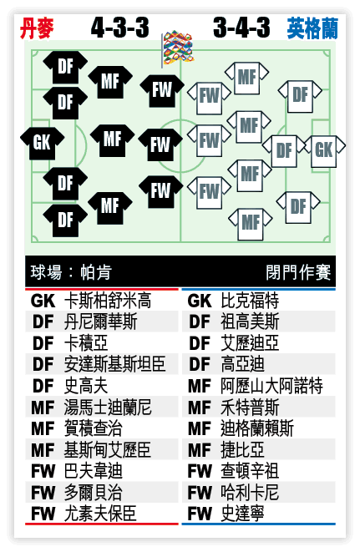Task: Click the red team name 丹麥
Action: click(38, 28)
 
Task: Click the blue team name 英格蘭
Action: click(312, 28)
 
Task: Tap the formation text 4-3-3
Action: click(120, 28)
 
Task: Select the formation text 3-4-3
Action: click(242, 28)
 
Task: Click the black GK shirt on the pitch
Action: click(43, 144)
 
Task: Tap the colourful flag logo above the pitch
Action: click(178, 48)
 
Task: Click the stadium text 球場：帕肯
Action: click(71, 271)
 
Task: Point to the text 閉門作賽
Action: click(298, 272)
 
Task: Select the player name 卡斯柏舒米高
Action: click(108, 301)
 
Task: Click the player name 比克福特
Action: click(250, 301)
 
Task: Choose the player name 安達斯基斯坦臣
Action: click(114, 364)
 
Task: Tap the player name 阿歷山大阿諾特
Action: click(271, 386)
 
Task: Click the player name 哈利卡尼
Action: click(250, 492)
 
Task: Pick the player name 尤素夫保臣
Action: click(100, 514)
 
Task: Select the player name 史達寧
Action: click(243, 514)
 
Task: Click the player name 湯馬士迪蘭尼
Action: click(108, 407)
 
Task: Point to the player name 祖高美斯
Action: click(250, 322)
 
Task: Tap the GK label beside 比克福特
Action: click(200, 301)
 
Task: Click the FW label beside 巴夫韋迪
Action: click(43, 471)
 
